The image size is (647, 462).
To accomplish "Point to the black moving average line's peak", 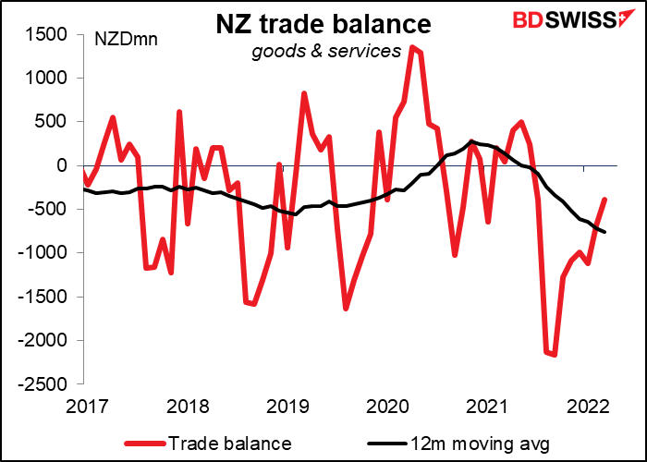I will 470,141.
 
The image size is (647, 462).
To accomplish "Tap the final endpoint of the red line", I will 605,199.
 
